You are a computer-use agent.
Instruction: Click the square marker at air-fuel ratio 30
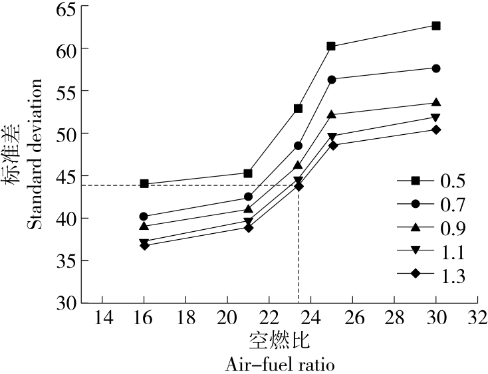(436, 25)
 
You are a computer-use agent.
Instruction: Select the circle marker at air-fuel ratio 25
(332, 79)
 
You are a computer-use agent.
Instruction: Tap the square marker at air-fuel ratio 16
(144, 184)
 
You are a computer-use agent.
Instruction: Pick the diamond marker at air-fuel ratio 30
(436, 130)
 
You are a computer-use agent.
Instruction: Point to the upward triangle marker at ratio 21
(248, 209)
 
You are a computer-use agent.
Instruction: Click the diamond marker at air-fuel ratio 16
(144, 245)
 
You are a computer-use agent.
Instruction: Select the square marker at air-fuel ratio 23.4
(299, 108)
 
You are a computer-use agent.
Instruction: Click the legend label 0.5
(453, 181)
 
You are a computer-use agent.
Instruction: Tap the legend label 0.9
(453, 229)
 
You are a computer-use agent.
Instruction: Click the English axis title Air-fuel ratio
(279, 364)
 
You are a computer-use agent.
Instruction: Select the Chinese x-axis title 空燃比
(279, 341)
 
